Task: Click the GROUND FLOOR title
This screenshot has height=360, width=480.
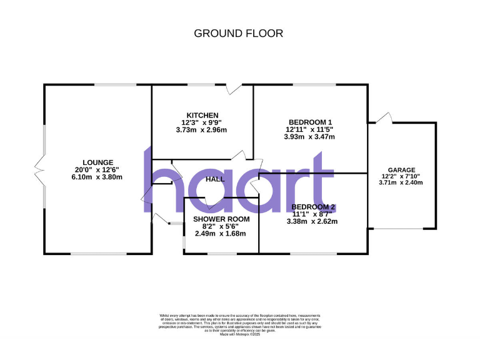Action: coord(239,33)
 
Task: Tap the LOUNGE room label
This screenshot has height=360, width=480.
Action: coord(96,162)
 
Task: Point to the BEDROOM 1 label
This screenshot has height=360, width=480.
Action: coord(310,122)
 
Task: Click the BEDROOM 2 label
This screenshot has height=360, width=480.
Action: coord(314,207)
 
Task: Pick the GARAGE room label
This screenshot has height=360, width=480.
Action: coord(402,169)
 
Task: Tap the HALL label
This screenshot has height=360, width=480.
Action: coord(214,179)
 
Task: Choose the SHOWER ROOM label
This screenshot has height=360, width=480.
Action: coord(221,219)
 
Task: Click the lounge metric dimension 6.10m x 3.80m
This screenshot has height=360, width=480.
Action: coord(96,177)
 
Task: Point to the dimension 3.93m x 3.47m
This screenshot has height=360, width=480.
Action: coord(310,137)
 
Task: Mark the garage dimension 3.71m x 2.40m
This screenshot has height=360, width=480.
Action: coord(402,183)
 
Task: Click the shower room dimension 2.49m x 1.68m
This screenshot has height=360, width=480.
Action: coord(221,234)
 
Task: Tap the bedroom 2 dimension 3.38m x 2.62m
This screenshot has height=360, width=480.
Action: coord(312,221)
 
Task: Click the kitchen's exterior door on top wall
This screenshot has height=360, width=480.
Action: coord(235,89)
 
